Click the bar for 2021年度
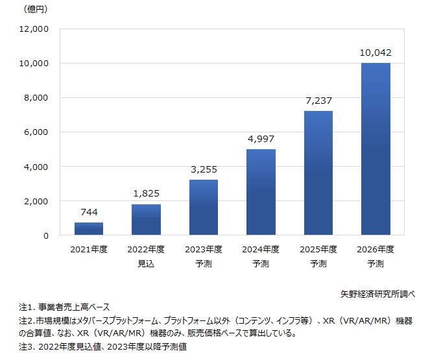pos(89,229)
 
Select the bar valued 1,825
pos(146,220)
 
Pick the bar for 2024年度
pos(260,193)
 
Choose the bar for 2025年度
pos(318,173)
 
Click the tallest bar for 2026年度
pos(375,149)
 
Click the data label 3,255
pos(203,170)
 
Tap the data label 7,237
pos(318,101)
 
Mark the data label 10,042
pos(375,53)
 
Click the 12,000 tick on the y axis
pos(35,29)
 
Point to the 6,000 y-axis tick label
pos(38,132)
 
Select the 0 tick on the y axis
pos(46,235)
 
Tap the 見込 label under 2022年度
pos(146,264)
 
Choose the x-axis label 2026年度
pos(375,249)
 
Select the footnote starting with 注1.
pos(64,307)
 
